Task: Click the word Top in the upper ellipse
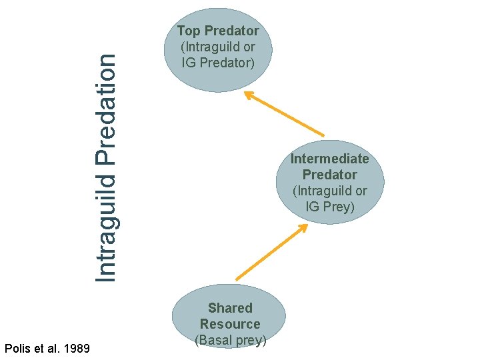(x=189, y=31)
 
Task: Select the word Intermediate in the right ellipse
(x=329, y=159)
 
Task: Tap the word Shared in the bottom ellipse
(x=230, y=308)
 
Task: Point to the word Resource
(x=230, y=324)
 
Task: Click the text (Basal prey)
(x=231, y=340)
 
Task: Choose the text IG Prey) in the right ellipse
(x=330, y=207)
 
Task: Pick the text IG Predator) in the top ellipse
(x=218, y=63)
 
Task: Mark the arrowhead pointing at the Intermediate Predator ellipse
(x=303, y=227)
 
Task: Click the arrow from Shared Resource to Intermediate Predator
(x=270, y=253)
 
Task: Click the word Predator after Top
(x=231, y=31)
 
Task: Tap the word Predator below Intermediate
(x=329, y=175)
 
